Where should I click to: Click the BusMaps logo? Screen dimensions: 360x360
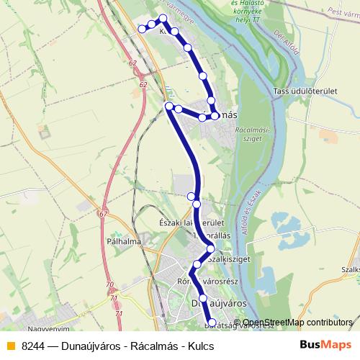[327, 346]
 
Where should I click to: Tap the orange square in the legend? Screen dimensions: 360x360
[9, 346]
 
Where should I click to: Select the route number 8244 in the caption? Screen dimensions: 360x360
[33, 346]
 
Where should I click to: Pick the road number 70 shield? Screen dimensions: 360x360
[109, 286]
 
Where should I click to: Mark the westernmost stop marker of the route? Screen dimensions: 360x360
[142, 29]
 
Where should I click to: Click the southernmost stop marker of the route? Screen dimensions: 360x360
[212, 323]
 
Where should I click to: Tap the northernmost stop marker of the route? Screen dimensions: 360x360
[163, 18]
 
